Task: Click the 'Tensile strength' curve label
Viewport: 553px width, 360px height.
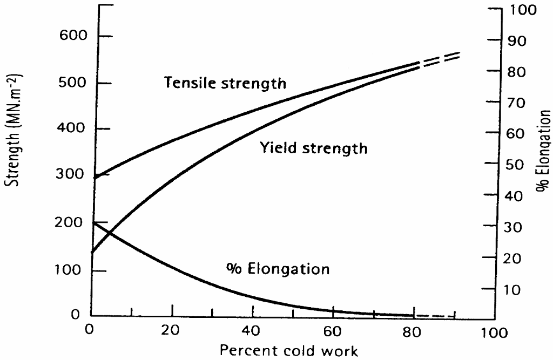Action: (x=225, y=83)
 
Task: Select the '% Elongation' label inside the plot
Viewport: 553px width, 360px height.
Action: (x=276, y=268)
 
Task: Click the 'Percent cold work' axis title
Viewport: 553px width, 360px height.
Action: (x=288, y=351)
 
